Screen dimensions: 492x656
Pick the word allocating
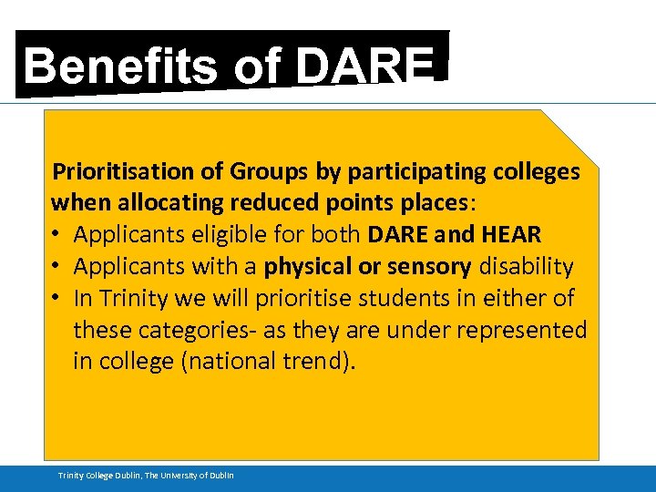(166, 203)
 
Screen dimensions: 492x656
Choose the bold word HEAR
(512, 235)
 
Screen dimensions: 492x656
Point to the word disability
(528, 267)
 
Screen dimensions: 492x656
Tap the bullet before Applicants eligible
(57, 235)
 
